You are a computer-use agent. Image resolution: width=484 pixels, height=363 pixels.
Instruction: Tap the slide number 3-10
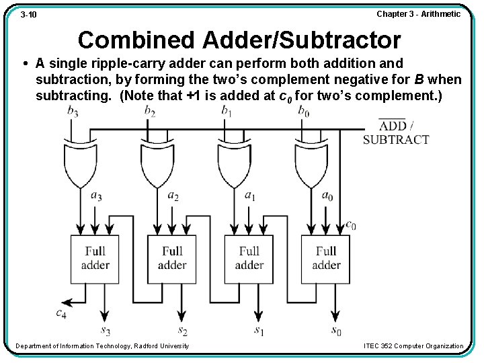tap(28, 14)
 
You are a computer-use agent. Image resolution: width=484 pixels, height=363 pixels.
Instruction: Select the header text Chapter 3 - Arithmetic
tap(418, 13)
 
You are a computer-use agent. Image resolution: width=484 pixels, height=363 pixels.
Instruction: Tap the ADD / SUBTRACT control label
tap(396, 132)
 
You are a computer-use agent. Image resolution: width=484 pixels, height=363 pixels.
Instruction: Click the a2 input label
tap(173, 196)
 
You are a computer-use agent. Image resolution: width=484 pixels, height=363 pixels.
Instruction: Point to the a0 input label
tap(327, 196)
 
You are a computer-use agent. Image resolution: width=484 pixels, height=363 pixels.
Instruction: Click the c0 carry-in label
tap(350, 225)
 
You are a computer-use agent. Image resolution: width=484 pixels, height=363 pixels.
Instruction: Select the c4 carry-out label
tap(61, 313)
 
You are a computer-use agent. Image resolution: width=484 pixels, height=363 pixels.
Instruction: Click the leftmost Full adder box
tap(95, 258)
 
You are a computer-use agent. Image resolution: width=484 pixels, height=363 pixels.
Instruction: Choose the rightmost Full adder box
tap(325, 258)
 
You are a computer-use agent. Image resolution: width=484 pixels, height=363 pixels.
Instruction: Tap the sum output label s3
tap(106, 330)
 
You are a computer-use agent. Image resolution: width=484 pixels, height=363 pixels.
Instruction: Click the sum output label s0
tap(336, 330)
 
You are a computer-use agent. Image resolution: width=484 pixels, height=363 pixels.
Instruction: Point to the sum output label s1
tap(259, 330)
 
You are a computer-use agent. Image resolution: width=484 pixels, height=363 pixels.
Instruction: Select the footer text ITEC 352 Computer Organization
tap(413, 346)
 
